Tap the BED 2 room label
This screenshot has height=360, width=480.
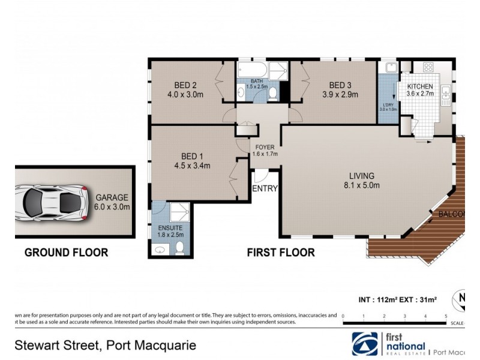tap(186, 85)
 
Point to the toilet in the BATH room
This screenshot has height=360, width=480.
tap(273, 93)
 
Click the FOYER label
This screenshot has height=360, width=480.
tap(265, 147)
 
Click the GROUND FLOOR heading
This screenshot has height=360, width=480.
tap(66, 253)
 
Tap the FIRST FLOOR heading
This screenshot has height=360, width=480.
tap(281, 253)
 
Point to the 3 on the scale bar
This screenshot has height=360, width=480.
tap(405, 316)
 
